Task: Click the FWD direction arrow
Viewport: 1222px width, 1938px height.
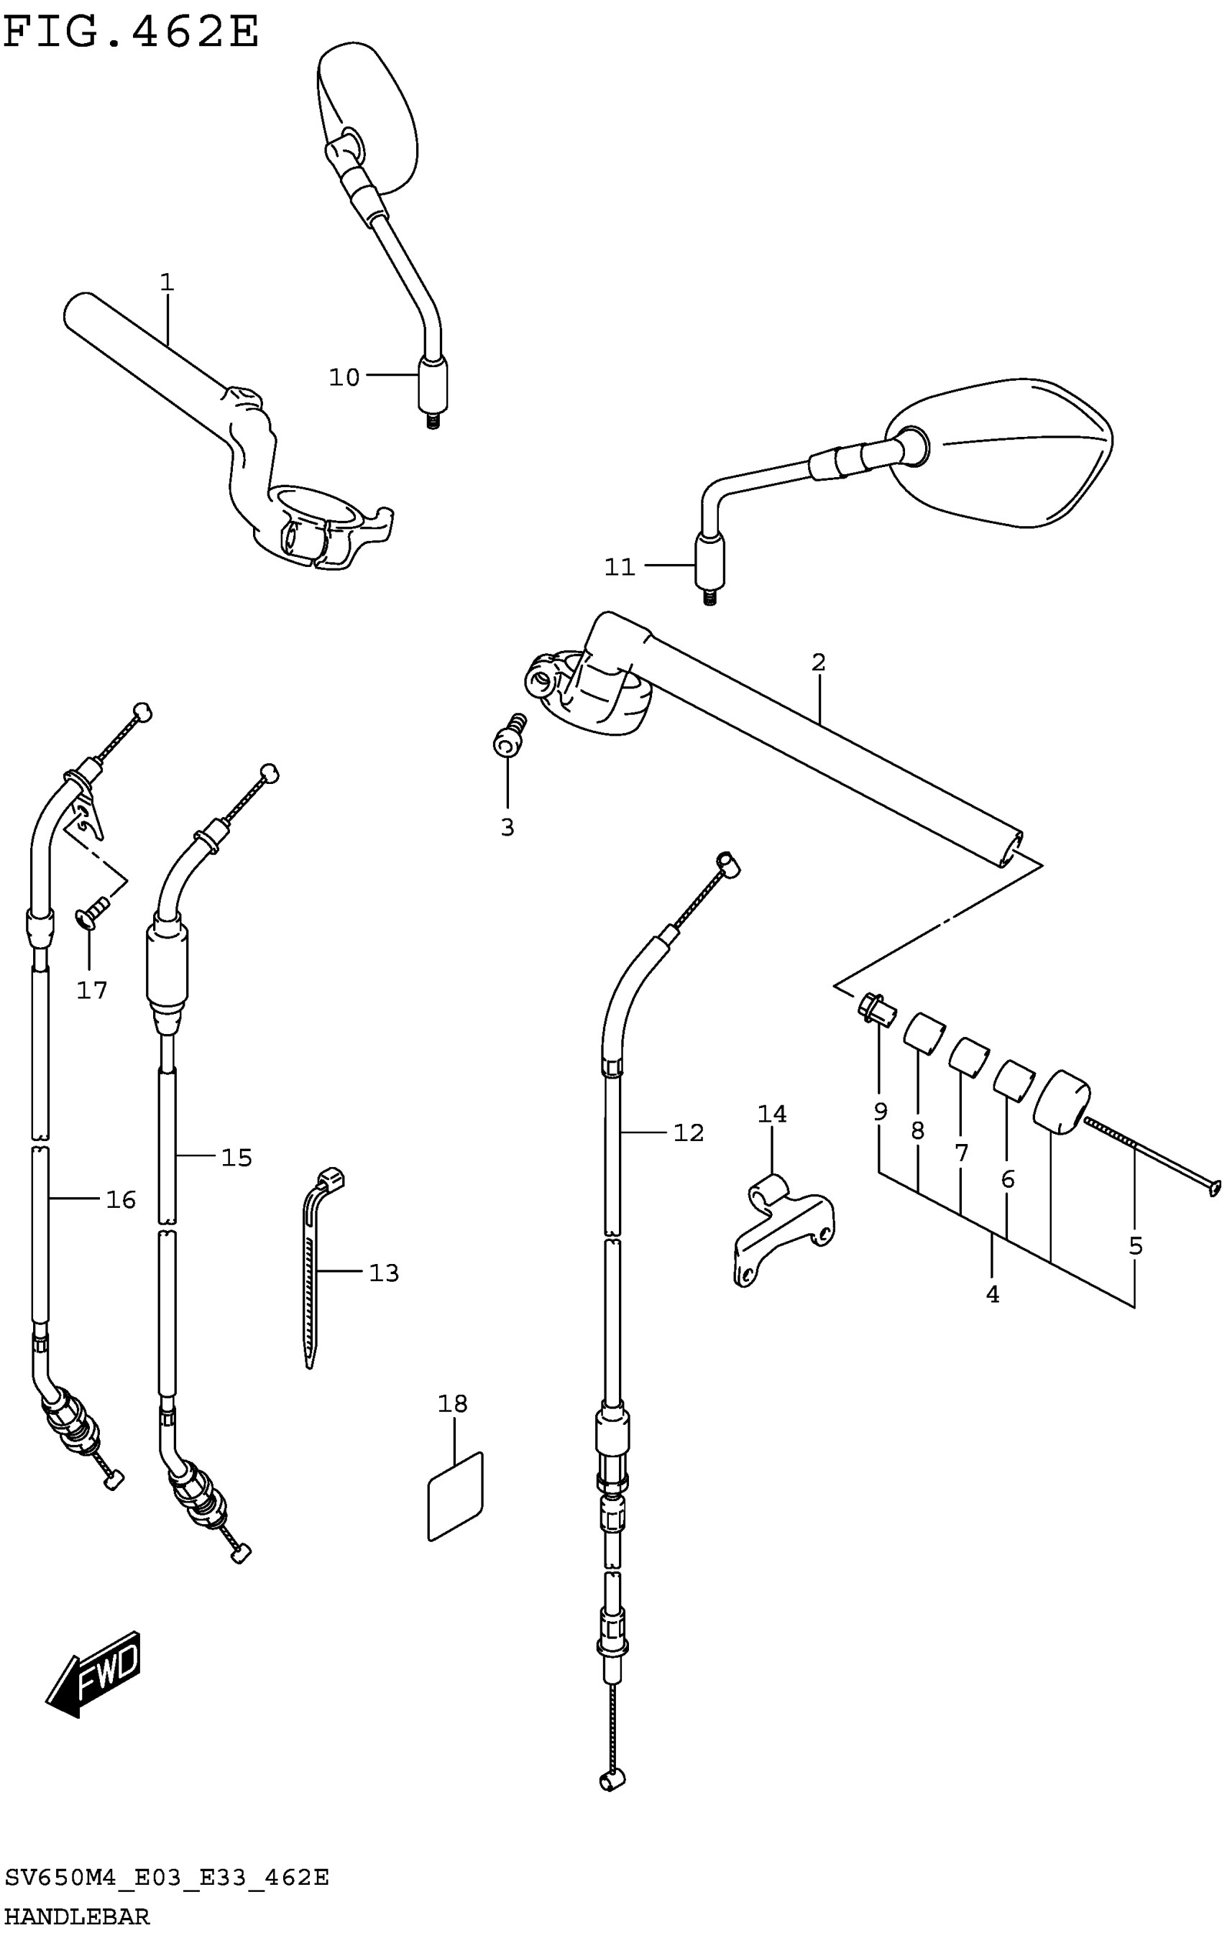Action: (x=95, y=1674)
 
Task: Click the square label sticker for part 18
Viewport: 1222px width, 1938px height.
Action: (x=456, y=1497)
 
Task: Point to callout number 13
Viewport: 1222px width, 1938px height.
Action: (x=384, y=1273)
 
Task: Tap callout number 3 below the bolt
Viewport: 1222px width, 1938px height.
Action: (x=507, y=827)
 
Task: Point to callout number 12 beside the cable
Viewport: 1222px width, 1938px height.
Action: (x=689, y=1132)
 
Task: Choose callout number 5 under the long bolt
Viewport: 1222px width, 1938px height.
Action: (x=1135, y=1246)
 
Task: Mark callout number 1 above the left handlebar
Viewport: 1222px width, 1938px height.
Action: (x=167, y=282)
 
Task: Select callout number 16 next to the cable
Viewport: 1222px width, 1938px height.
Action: (x=121, y=1200)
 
